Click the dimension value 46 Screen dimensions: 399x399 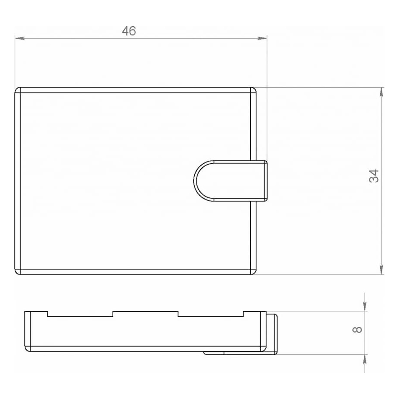[x=129, y=31]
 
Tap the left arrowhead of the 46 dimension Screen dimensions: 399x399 [x=20, y=38]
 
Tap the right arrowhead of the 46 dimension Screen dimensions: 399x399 [x=262, y=38]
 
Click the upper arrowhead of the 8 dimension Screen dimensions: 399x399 [x=365, y=306]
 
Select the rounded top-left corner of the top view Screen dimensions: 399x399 [x=16, y=89]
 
